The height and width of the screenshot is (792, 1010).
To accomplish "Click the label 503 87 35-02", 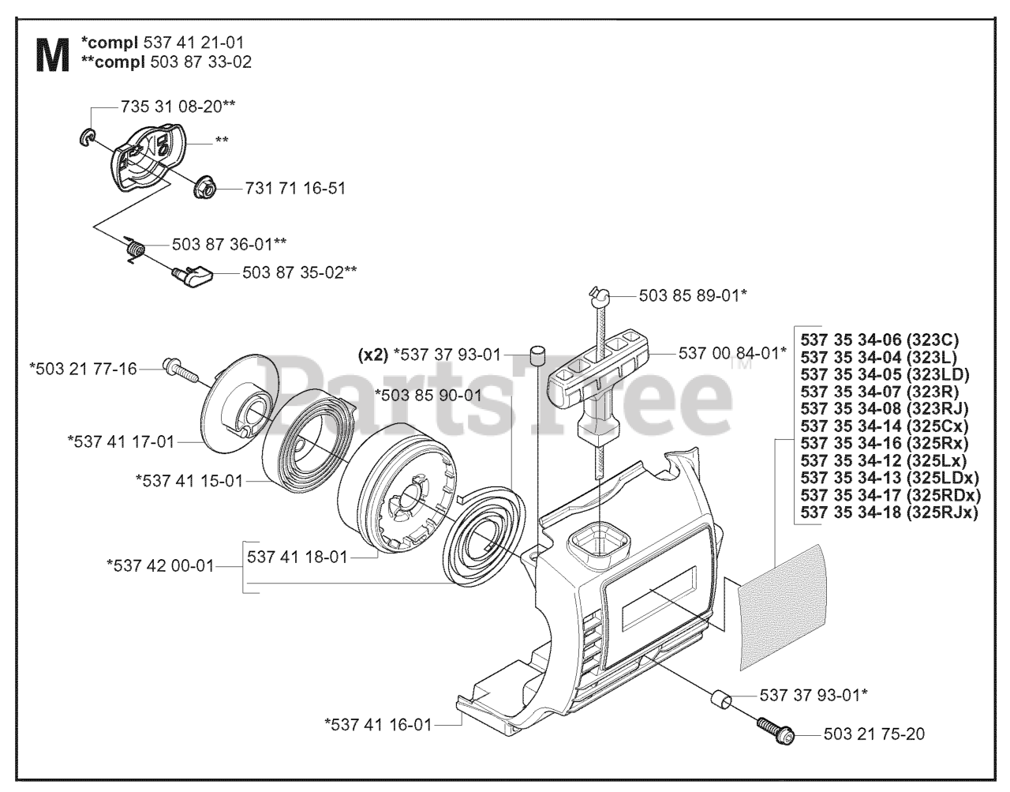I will click(299, 272).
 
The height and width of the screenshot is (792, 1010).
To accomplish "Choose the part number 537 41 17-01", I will click(121, 441).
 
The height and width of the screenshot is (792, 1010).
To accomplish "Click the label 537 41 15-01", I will click(189, 480).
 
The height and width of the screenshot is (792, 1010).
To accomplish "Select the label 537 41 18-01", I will click(297, 557).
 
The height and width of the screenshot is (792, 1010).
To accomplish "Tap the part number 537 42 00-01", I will click(160, 565).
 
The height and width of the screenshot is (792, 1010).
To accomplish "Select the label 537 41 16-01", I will click(378, 723).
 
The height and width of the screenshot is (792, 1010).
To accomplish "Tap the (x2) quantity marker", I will click(372, 355).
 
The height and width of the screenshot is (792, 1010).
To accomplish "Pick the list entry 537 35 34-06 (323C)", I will click(880, 340).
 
